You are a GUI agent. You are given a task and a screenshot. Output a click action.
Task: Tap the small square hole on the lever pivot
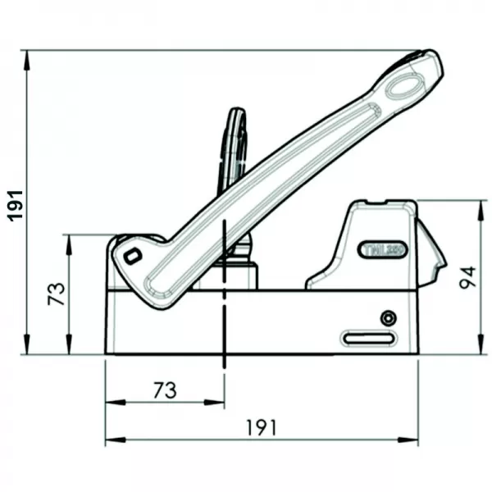[131, 256]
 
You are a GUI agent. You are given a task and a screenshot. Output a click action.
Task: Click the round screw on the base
[387, 318]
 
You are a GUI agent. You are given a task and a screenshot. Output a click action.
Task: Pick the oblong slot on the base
[367, 337]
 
